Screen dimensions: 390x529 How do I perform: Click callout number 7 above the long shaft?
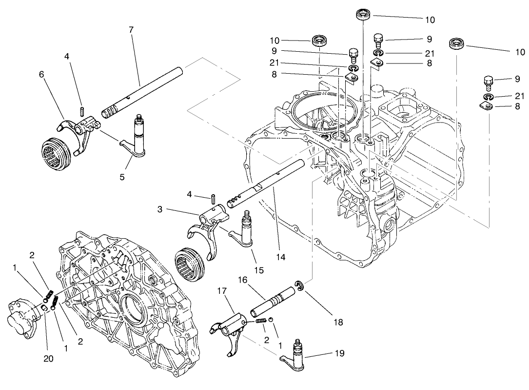131,29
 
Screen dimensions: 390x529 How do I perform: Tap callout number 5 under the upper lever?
122,177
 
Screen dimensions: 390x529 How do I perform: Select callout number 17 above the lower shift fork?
222,290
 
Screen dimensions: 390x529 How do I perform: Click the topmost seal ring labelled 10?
363,14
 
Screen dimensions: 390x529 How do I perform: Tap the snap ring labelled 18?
299,285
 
